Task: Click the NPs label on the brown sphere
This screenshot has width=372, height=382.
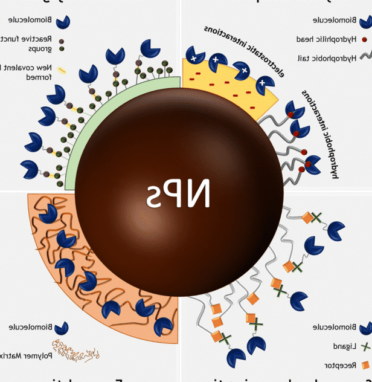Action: [x=179, y=195]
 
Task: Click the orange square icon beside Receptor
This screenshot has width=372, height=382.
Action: [x=364, y=366]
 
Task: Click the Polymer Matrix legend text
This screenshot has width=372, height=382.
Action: [x=24, y=355]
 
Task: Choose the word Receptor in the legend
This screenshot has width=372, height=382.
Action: [x=338, y=366]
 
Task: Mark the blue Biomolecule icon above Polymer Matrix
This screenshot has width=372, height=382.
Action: [x=61, y=328]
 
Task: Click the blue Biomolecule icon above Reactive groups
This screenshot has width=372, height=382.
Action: [x=63, y=22]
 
